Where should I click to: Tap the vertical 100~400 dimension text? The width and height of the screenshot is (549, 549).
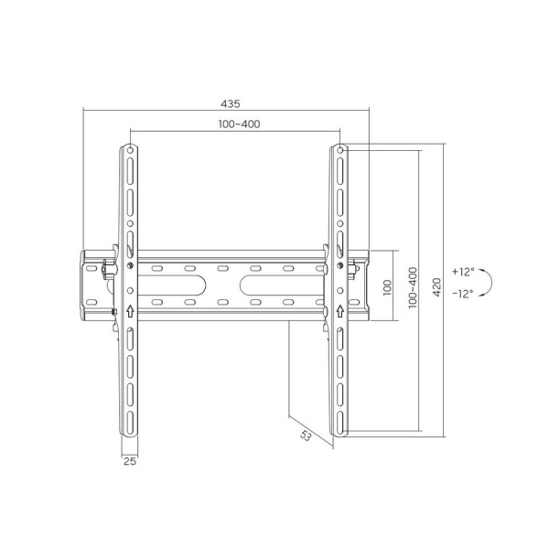coord(414,286)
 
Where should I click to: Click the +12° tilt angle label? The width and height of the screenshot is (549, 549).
coord(463,272)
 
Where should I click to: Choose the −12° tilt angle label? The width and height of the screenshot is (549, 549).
coord(463,294)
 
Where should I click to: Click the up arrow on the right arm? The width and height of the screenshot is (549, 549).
coord(339,309)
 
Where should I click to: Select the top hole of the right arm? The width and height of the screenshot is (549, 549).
coord(339,149)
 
